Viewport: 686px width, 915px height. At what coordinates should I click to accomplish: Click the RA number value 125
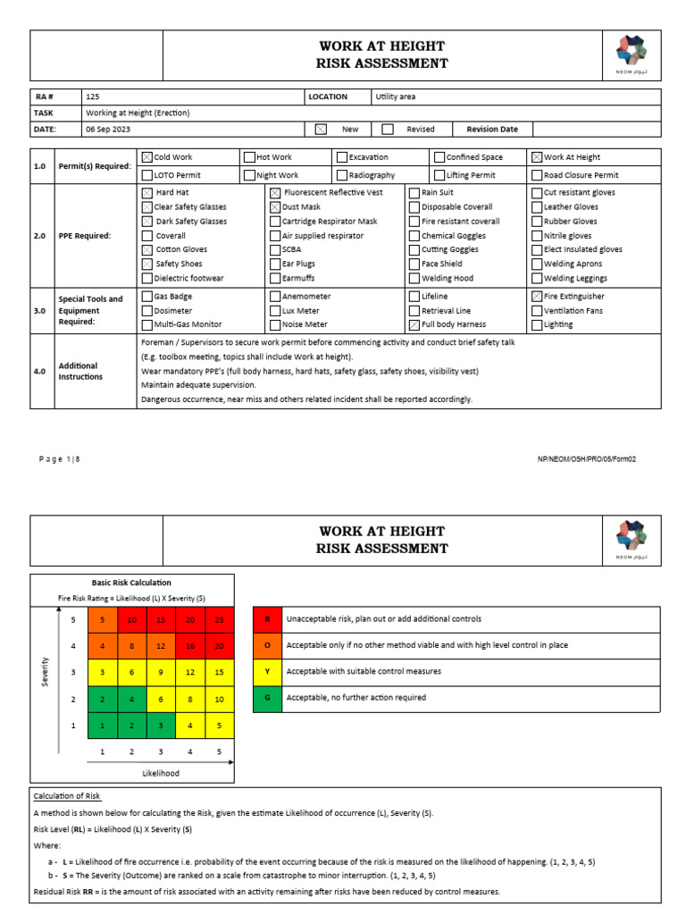tap(92, 97)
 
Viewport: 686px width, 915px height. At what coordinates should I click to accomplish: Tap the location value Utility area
tap(396, 97)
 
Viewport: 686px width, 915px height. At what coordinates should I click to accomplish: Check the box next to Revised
tap(388, 129)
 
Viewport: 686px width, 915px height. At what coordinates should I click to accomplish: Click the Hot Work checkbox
tap(250, 157)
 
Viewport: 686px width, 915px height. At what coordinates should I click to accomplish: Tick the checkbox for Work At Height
tap(536, 157)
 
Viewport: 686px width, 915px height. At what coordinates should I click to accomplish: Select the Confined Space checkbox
tap(439, 157)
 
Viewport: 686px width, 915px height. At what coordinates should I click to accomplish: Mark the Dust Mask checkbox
tap(275, 206)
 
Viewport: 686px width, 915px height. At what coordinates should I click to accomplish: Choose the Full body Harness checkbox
tap(414, 324)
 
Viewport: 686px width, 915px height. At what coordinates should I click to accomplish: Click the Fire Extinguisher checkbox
tap(536, 296)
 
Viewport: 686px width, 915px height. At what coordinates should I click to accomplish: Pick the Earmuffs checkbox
tap(275, 278)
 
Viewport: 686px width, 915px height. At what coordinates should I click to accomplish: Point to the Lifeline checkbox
tap(414, 296)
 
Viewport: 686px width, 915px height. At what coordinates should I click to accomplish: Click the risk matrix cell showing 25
tap(219, 620)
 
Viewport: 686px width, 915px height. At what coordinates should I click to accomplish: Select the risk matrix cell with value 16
tap(189, 645)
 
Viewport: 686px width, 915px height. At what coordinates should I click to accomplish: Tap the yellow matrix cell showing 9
tap(161, 671)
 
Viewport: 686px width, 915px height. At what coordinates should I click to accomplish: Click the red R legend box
tap(267, 618)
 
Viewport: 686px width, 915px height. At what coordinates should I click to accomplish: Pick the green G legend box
tap(267, 697)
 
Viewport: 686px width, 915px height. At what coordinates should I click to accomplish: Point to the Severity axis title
tap(46, 672)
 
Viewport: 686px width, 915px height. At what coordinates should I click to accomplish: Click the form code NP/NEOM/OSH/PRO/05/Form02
tap(586, 459)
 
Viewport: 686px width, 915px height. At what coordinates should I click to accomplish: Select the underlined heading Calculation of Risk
tap(67, 795)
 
